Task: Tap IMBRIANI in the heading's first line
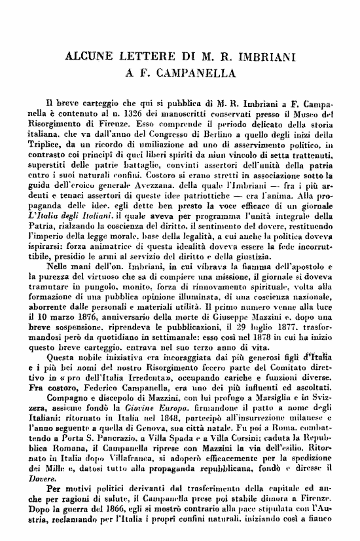265,58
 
